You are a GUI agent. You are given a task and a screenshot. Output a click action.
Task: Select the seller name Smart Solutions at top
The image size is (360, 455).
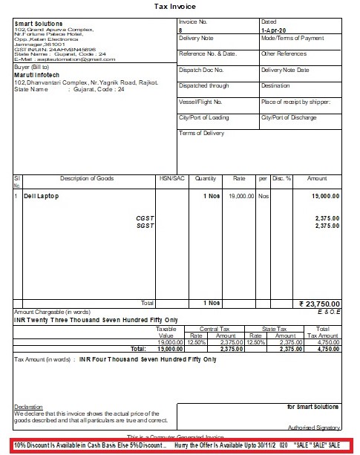(x=39, y=24)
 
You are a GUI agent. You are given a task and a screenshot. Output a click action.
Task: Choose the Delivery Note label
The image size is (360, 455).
(x=197, y=37)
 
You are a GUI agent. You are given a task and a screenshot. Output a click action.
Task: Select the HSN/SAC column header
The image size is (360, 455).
(x=169, y=178)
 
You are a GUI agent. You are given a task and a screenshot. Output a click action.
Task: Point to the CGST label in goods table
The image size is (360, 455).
(x=144, y=218)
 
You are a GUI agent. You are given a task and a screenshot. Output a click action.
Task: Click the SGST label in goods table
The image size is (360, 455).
(x=144, y=226)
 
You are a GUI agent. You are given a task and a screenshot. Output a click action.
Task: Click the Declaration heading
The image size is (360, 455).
(x=28, y=407)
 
